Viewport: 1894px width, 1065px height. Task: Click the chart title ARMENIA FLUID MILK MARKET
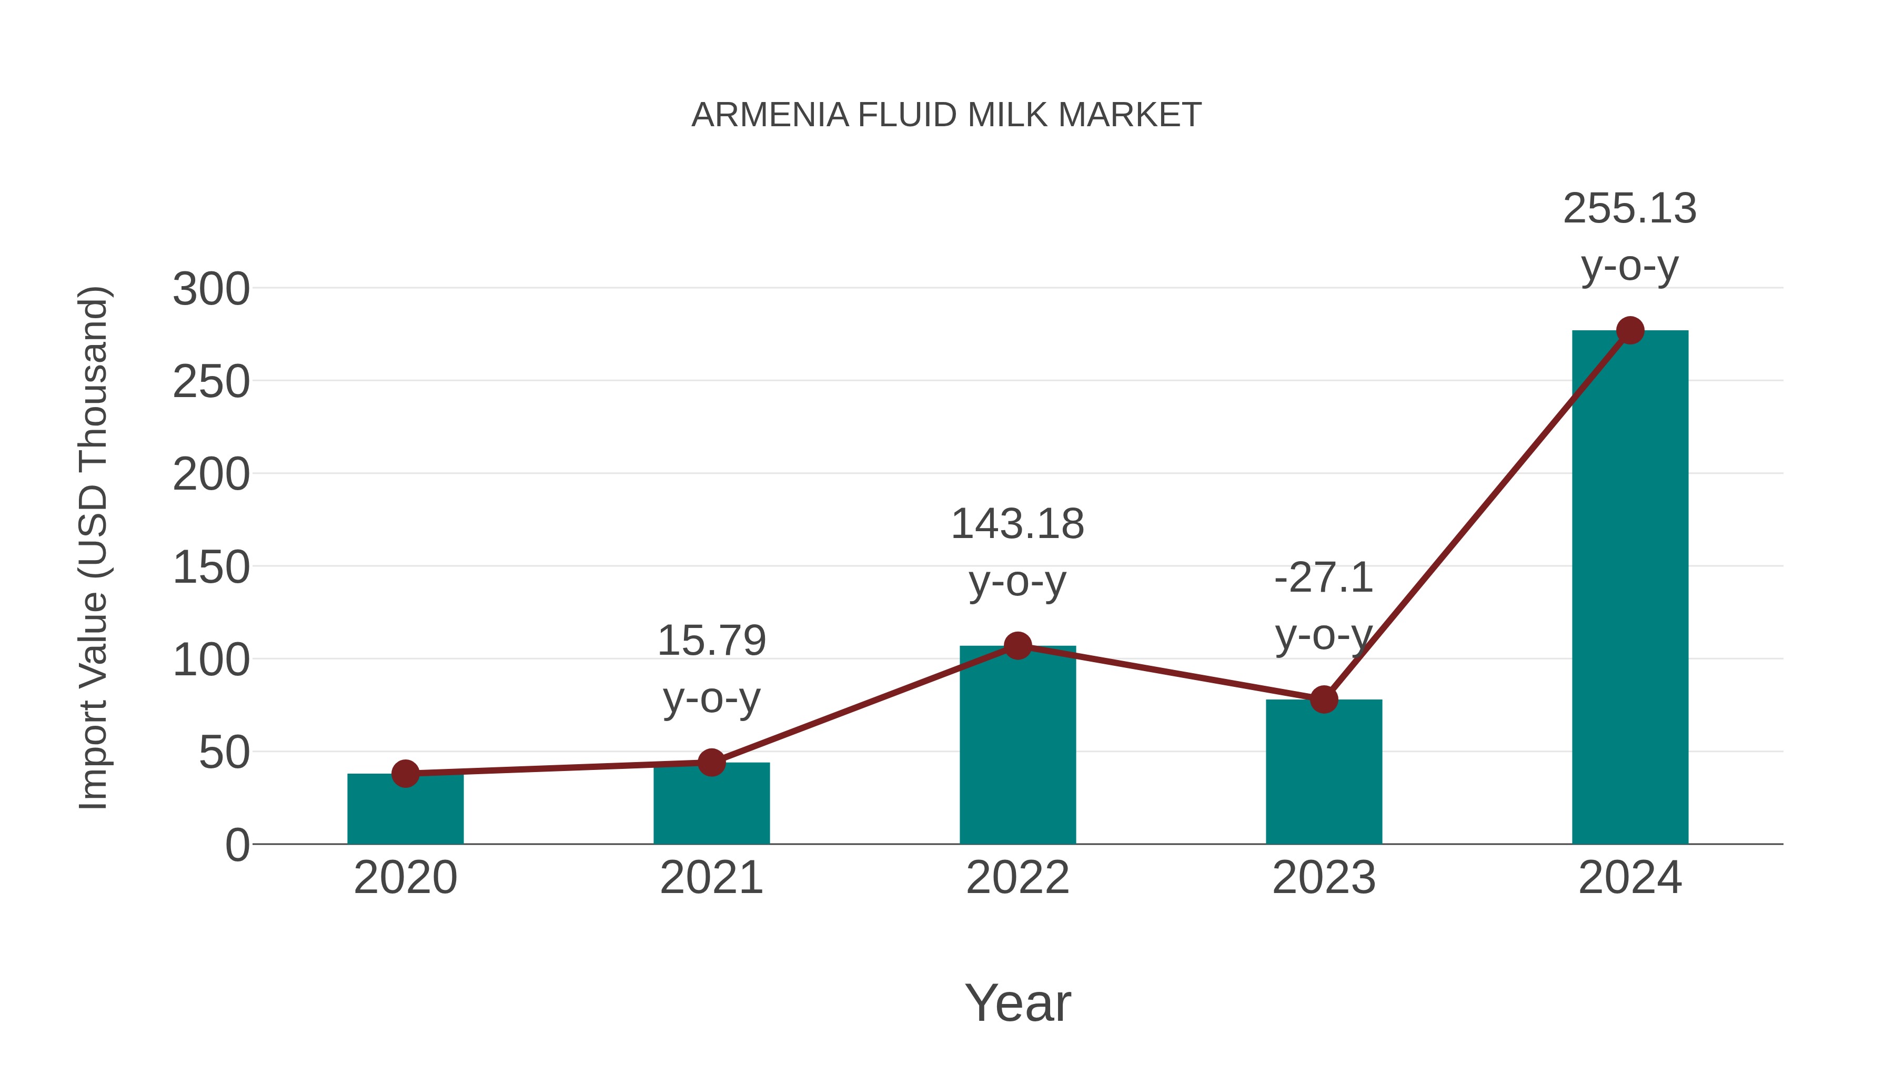click(946, 115)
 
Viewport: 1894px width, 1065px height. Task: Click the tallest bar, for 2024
click(1630, 588)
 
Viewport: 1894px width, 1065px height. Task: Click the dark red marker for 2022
click(1017, 645)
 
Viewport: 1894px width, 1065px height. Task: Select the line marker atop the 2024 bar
click(1630, 331)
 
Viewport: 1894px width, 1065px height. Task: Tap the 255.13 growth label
click(1629, 209)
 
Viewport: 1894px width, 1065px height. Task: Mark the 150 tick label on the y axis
click(211, 567)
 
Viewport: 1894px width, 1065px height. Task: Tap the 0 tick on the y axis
click(237, 845)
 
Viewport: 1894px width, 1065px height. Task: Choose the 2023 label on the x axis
click(1324, 878)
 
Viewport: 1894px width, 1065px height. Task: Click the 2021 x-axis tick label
click(711, 878)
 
